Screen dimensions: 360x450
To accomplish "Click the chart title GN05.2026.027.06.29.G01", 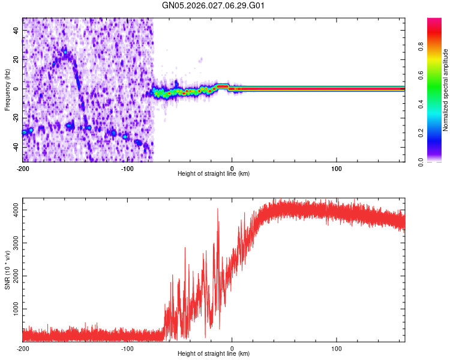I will pos(214,6).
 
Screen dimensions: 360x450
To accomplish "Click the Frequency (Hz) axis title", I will pos(7,90).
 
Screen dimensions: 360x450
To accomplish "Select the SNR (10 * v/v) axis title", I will pos(7,271).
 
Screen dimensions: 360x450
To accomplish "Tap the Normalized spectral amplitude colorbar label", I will pos(446,90).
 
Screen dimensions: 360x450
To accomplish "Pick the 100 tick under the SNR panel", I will pos(337,349).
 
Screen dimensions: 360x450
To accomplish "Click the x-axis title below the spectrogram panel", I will pos(214,174).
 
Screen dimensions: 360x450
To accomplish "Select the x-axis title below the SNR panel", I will pos(214,355).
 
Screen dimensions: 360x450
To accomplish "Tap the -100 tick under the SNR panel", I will pos(127,349).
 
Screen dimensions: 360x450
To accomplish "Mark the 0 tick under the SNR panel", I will pos(232,349).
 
